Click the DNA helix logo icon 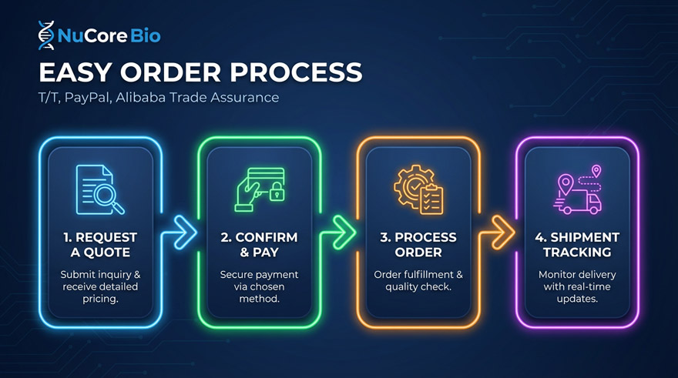pyautogui.click(x=46, y=35)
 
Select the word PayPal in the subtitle pyautogui.click(x=86, y=98)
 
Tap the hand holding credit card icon pyautogui.click(x=260, y=189)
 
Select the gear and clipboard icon pyautogui.click(x=418, y=189)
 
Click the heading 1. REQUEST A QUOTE pyautogui.click(x=100, y=245)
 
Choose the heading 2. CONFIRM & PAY pyautogui.click(x=259, y=245)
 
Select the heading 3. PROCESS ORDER pyautogui.click(x=418, y=245)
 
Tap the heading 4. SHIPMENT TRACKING pyautogui.click(x=577, y=245)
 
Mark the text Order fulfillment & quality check pyautogui.click(x=418, y=281)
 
